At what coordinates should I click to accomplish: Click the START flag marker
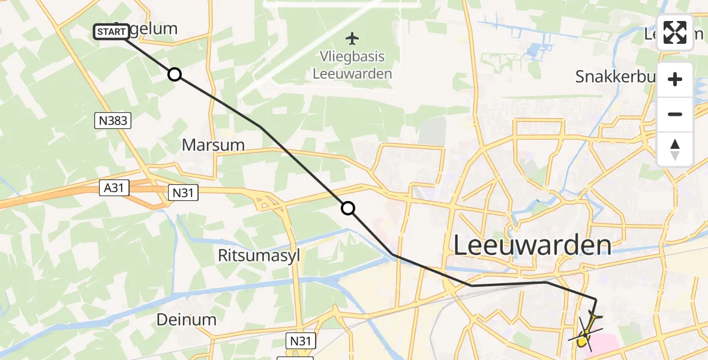[112, 31]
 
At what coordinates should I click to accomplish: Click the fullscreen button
[675, 32]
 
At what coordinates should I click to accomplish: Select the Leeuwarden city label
[532, 245]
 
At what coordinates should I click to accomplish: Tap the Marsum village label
[213, 145]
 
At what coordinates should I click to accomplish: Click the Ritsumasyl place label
[259, 256]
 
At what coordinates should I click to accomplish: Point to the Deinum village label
[186, 320]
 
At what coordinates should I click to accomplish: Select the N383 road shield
[112, 121]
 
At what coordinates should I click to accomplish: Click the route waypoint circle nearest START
[174, 74]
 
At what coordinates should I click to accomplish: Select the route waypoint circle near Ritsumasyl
[348, 208]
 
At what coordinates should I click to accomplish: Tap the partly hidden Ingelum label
[155, 28]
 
